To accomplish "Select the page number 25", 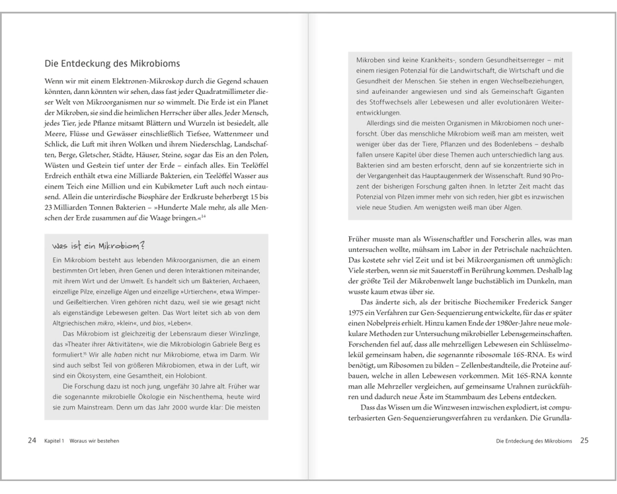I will (x=584, y=441).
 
